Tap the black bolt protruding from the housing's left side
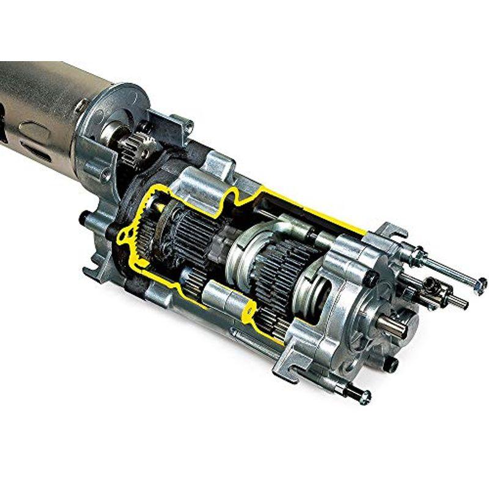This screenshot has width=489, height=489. click(86, 215)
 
